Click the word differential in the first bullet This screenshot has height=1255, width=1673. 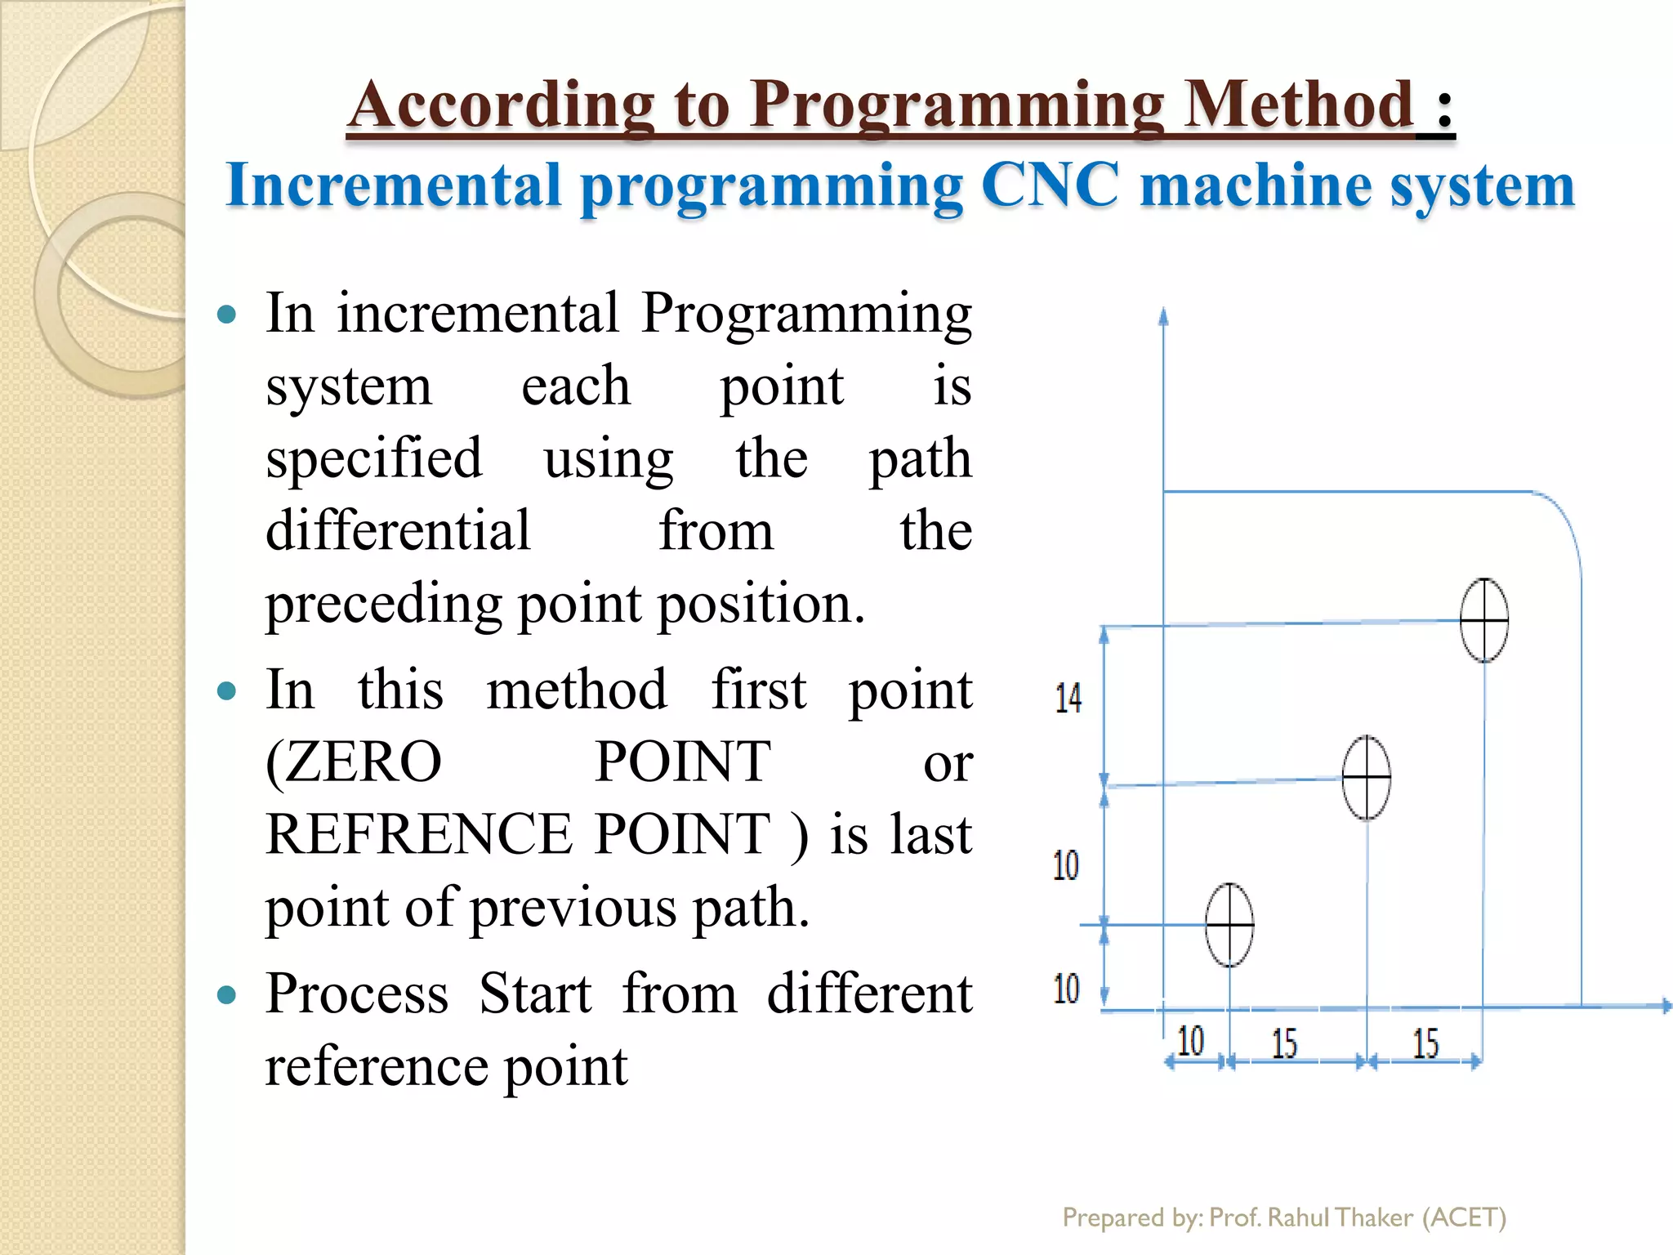(399, 531)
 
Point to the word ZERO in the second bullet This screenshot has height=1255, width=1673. (355, 761)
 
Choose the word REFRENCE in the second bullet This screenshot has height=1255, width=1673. (419, 834)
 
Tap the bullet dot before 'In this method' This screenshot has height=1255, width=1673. (227, 692)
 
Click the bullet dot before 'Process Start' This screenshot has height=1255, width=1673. (227, 995)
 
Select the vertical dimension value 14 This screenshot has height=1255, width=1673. (1068, 699)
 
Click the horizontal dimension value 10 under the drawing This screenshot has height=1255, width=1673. (1190, 1041)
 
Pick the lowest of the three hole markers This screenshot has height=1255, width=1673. (1229, 925)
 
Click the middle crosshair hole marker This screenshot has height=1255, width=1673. (1367, 778)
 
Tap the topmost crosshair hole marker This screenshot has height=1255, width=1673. (1484, 620)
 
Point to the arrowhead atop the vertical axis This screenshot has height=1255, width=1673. (1163, 316)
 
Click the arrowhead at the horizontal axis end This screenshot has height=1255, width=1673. (1665, 1006)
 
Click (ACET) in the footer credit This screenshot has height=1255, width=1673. (1464, 1217)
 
